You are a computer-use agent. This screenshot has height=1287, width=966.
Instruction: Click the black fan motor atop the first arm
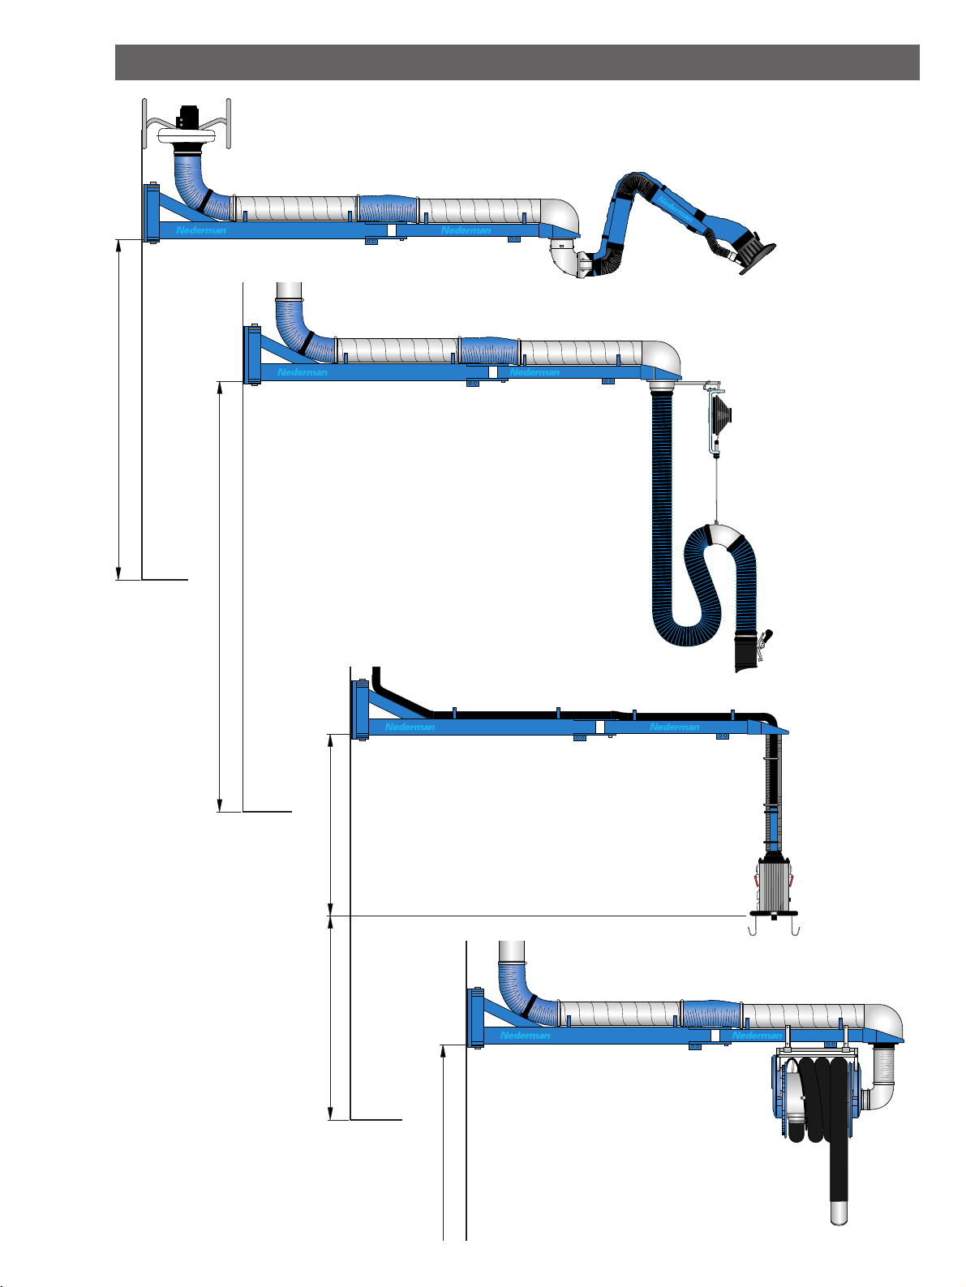click(x=187, y=117)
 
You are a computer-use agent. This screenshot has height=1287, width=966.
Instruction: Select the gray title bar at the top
click(x=517, y=62)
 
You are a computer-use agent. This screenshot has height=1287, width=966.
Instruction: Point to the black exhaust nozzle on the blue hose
click(x=747, y=651)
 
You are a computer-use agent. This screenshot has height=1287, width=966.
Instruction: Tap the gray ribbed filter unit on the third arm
click(x=775, y=886)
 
